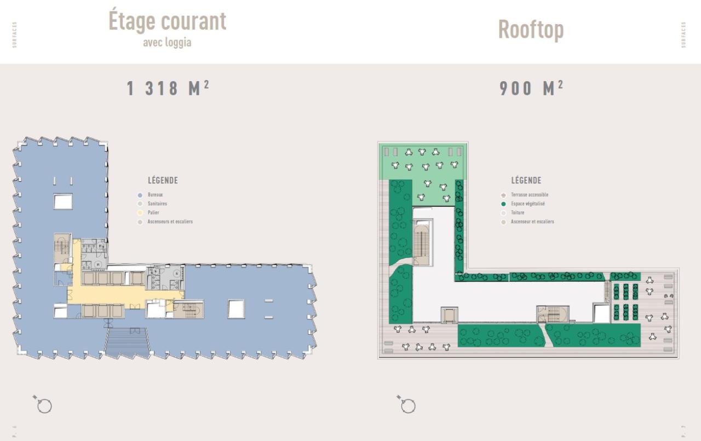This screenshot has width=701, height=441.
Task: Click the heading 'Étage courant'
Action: tap(167, 21)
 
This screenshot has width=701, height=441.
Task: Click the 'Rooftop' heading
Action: tap(530, 29)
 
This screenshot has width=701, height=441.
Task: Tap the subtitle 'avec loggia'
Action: tap(167, 42)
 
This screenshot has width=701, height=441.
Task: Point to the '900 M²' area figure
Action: tap(531, 88)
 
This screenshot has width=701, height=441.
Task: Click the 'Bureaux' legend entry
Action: tap(155, 194)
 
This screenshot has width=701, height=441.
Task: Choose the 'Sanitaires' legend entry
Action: tap(157, 204)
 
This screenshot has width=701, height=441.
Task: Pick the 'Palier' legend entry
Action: tap(153, 213)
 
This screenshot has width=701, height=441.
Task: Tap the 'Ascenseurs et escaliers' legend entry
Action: tap(170, 222)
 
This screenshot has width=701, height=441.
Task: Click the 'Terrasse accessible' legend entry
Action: tap(529, 194)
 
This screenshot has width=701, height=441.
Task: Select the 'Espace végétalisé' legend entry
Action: tap(527, 204)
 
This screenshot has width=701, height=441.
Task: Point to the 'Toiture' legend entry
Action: tap(518, 213)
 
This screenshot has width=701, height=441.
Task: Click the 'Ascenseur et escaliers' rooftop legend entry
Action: tap(532, 222)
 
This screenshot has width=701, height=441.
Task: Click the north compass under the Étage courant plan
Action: tap(43, 405)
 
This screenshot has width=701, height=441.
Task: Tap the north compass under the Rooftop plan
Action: tap(407, 405)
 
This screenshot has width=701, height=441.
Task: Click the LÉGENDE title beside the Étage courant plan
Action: tap(163, 181)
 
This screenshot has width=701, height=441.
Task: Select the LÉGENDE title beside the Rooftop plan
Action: tap(526, 181)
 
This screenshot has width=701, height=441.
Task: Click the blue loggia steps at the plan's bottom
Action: tap(127, 342)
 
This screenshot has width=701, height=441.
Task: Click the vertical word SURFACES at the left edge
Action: tap(15, 35)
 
